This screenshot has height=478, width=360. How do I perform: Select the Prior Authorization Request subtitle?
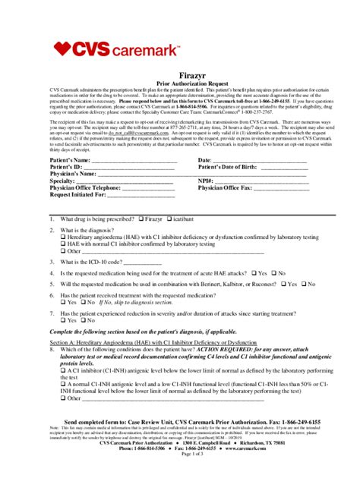click(x=179, y=86)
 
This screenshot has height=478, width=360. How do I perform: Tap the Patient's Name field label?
click(x=70, y=161)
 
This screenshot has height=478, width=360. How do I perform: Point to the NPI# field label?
click(x=205, y=181)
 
